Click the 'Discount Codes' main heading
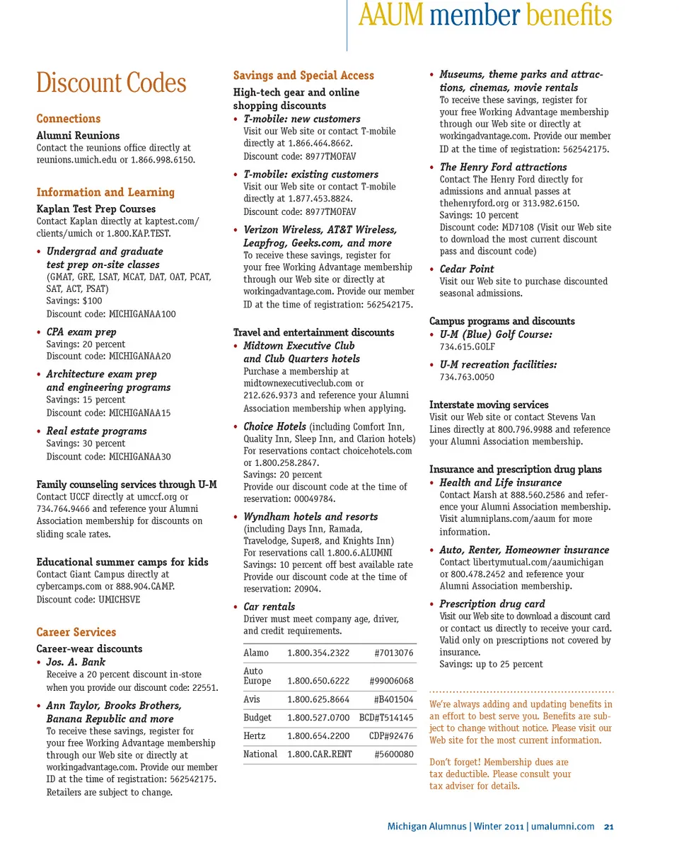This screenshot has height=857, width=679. (x=111, y=83)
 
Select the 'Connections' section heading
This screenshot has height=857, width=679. (x=69, y=119)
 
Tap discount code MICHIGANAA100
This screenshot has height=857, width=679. (x=142, y=314)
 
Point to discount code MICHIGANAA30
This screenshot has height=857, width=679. (x=139, y=457)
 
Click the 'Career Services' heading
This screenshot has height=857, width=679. (x=76, y=632)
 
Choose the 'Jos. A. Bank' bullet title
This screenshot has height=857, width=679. (x=76, y=662)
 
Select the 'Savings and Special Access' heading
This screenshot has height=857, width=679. (x=303, y=76)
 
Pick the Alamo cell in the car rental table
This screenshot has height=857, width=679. (x=256, y=653)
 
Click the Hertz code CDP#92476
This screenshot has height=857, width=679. (x=391, y=736)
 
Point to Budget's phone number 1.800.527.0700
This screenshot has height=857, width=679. (x=318, y=718)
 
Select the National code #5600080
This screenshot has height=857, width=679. (x=393, y=754)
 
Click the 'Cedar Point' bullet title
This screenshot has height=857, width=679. (x=467, y=269)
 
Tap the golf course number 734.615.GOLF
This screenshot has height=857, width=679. (x=468, y=347)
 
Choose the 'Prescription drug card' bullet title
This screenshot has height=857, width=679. (x=492, y=604)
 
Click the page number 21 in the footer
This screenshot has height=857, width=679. (x=608, y=827)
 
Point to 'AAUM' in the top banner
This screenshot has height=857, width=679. (x=390, y=16)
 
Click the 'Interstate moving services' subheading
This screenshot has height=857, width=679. (x=489, y=405)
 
